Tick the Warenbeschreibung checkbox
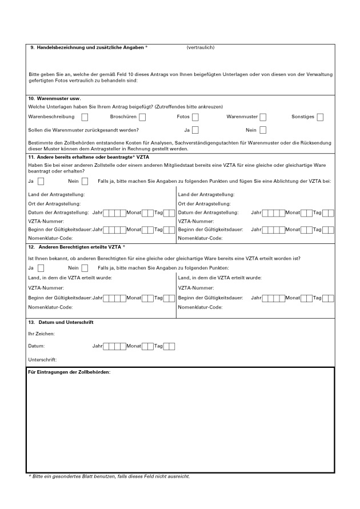85,117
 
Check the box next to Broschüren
142,117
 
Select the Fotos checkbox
195,117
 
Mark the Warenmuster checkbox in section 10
263,117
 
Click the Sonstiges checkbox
320,117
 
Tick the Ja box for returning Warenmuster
195,130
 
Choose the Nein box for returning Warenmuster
263,130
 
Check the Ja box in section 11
41,182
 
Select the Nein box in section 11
85,182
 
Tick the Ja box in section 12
41,267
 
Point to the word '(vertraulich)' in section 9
200,47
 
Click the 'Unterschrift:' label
42,359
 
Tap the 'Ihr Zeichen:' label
41,334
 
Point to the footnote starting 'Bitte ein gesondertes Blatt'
109,476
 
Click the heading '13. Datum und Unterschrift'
61,322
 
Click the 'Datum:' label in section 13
36,346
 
